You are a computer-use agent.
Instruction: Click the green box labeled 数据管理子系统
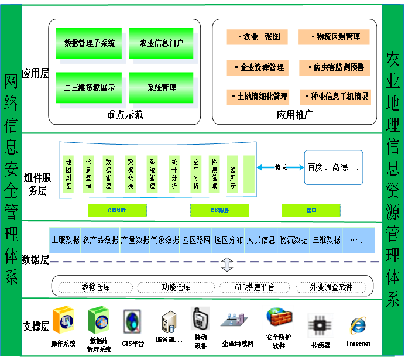pyautogui.click(x=89, y=43)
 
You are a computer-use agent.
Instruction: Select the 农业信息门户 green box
pyautogui.click(x=162, y=43)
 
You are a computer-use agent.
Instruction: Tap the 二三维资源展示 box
pyautogui.click(x=89, y=88)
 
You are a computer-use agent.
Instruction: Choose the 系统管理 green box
pyautogui.click(x=162, y=88)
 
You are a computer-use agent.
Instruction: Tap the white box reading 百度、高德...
pyautogui.click(x=334, y=167)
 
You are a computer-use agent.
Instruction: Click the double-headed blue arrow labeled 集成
pyautogui.click(x=280, y=167)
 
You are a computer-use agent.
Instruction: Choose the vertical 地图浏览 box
pyautogui.click(x=68, y=174)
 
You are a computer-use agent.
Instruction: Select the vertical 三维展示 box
pyautogui.click(x=233, y=174)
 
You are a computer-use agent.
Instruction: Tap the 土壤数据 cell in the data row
pyautogui.click(x=65, y=240)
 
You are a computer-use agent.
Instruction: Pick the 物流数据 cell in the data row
pyautogui.click(x=293, y=240)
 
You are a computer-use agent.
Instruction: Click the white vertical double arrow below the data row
pyautogui.click(x=227, y=265)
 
